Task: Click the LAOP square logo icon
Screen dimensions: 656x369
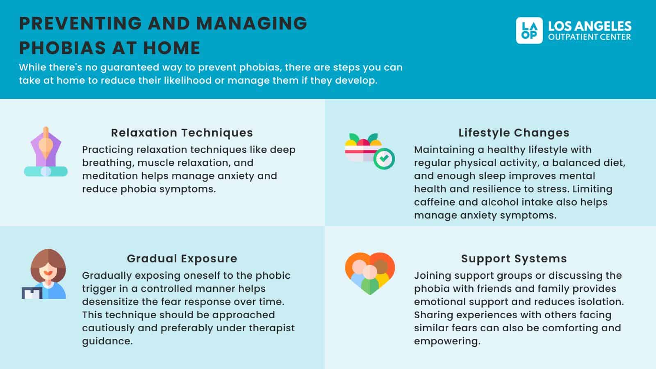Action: click(x=529, y=30)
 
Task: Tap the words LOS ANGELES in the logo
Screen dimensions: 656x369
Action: click(x=590, y=26)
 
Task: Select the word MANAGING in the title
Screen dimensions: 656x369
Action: click(x=252, y=23)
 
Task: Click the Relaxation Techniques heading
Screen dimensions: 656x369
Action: click(x=182, y=133)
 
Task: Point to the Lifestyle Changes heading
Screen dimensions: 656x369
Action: click(x=514, y=133)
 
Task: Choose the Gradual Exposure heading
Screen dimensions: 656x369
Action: click(x=182, y=259)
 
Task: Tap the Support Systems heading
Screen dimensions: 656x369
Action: click(x=514, y=259)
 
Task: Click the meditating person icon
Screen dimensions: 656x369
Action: click(x=46, y=151)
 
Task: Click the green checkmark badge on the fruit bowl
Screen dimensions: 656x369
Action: click(x=384, y=159)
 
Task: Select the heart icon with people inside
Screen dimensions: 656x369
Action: click(x=370, y=273)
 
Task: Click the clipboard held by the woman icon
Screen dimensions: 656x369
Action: click(x=32, y=293)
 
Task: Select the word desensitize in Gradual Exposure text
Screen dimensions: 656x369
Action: click(x=110, y=302)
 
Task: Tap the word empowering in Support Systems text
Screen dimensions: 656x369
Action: click(x=447, y=341)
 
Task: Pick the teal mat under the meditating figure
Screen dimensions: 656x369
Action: click(x=46, y=171)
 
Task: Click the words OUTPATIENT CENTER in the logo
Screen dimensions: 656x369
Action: click(x=590, y=37)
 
